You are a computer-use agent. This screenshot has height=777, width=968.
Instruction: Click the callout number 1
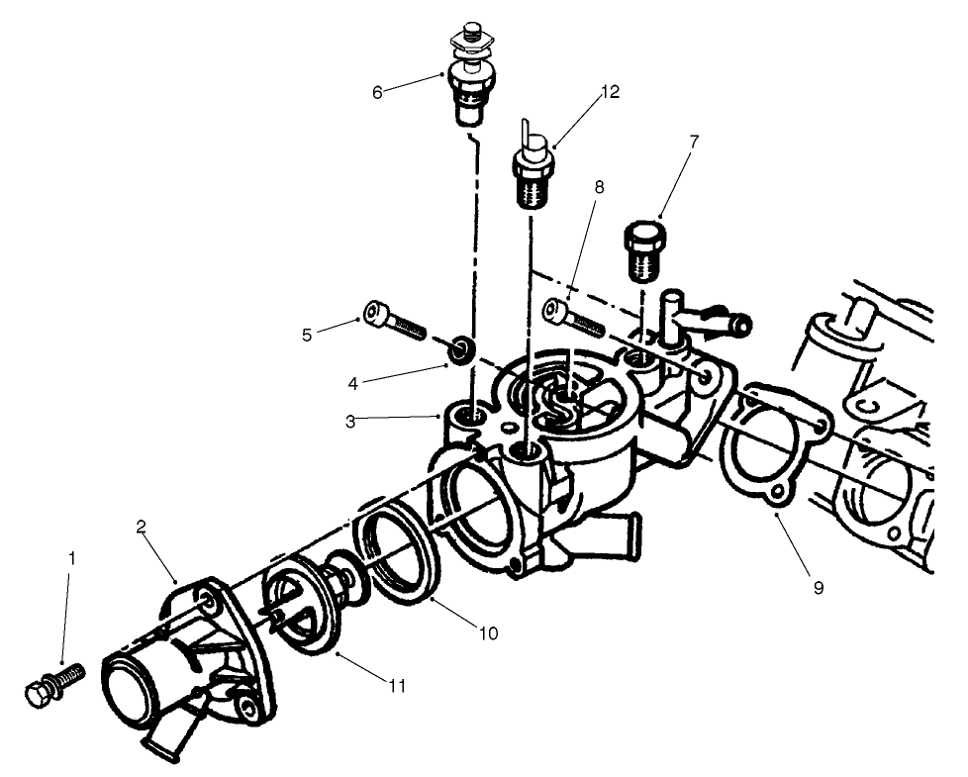click(x=71, y=559)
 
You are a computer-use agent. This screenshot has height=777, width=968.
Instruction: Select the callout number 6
click(x=378, y=93)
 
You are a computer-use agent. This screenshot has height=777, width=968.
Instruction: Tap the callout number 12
click(x=611, y=92)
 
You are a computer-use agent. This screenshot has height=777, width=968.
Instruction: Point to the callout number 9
click(x=819, y=588)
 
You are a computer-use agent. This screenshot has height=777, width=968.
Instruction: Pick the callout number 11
click(x=397, y=685)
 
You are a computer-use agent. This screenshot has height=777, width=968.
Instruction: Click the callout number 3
click(x=350, y=423)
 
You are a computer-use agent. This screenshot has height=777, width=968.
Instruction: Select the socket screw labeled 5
click(x=395, y=320)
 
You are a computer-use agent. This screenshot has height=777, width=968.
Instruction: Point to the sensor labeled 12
click(x=534, y=163)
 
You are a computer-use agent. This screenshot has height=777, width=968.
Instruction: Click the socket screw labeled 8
click(x=573, y=317)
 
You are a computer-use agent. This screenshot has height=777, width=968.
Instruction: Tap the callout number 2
click(x=141, y=527)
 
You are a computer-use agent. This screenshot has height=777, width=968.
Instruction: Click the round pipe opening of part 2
click(x=131, y=689)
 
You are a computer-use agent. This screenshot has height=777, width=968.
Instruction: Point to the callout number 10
click(x=488, y=633)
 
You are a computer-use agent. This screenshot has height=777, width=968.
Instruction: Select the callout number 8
click(x=599, y=187)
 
